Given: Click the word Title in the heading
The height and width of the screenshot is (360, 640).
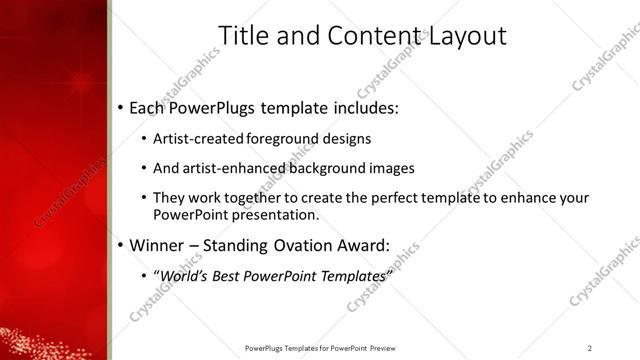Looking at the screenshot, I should (x=243, y=36).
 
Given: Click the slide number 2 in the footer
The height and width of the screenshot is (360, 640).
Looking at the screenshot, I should (x=590, y=348).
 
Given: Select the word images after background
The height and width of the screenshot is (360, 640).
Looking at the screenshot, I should (x=391, y=168).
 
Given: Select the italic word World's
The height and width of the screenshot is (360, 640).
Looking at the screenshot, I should (x=185, y=275).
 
